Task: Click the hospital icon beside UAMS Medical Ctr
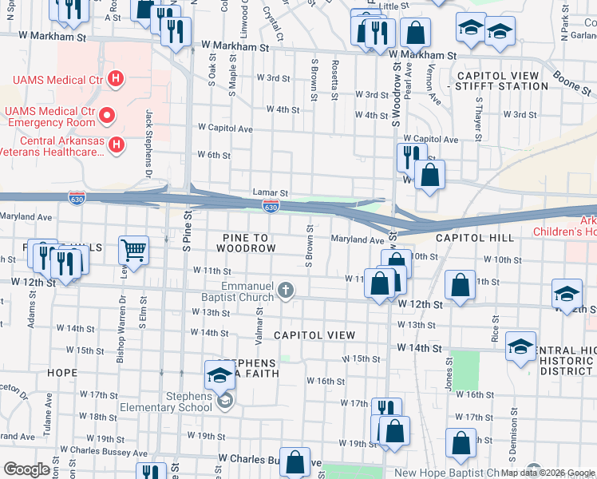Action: (x=116, y=79)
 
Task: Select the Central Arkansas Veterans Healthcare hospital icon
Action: (x=117, y=144)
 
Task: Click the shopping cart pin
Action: (x=134, y=250)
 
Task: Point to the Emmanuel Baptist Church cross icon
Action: (x=287, y=292)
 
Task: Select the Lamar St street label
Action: (x=270, y=192)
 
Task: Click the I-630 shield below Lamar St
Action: (x=271, y=208)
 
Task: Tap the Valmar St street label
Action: (x=260, y=327)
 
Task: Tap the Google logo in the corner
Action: (x=27, y=469)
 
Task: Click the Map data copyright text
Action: (x=548, y=473)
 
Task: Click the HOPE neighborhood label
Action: (x=62, y=373)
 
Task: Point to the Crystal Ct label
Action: (x=279, y=25)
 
